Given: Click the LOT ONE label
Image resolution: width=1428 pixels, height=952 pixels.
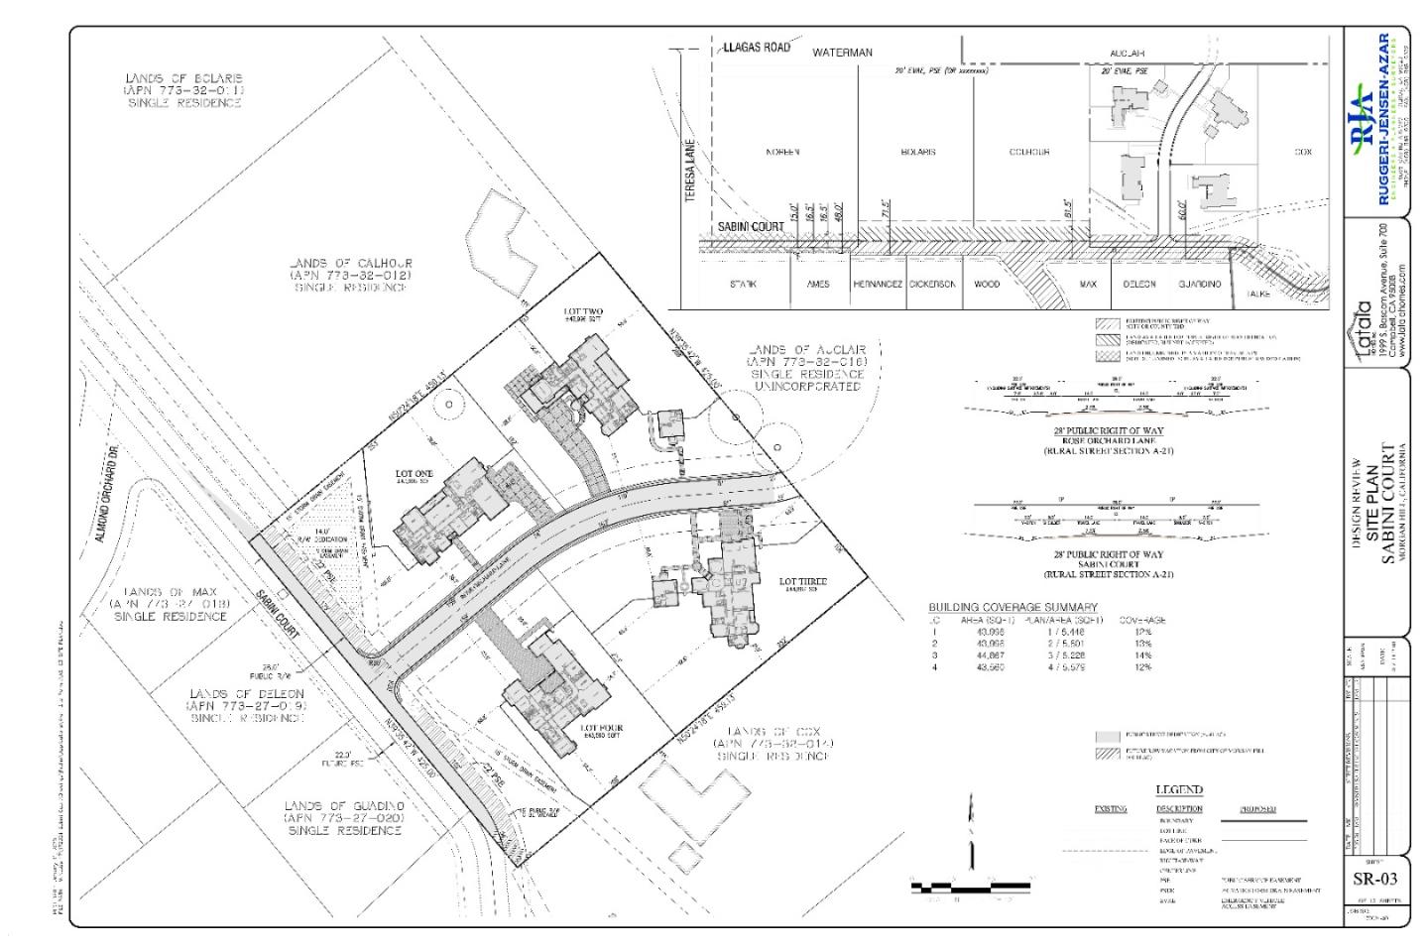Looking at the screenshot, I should tap(416, 475).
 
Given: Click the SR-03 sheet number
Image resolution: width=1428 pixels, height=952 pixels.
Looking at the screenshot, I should tap(1373, 880).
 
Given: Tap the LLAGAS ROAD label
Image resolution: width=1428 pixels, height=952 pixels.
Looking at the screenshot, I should tap(757, 48).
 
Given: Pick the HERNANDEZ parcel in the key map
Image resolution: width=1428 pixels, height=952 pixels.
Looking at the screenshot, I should tap(878, 284).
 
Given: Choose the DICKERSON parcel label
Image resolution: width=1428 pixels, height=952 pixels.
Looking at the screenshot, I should tap(932, 284).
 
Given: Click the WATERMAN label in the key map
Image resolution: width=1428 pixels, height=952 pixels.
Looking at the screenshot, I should tap(842, 52).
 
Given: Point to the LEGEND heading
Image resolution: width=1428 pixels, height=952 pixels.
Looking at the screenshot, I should tap(1179, 790).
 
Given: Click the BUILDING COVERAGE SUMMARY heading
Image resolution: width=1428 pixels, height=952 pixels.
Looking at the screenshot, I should tap(1012, 607).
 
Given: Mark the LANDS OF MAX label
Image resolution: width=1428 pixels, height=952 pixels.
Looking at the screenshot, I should tap(171, 603).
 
